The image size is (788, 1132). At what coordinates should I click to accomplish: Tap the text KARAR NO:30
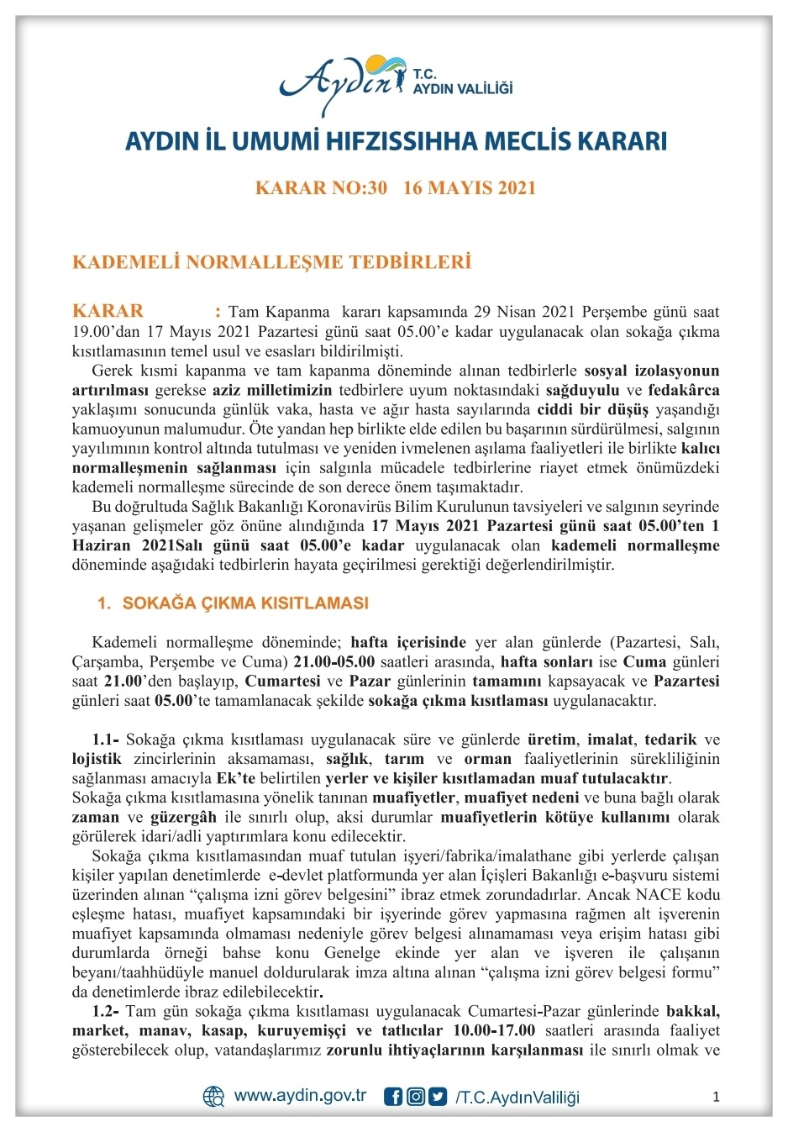point(321,187)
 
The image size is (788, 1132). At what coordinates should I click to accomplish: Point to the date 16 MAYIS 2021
point(469,187)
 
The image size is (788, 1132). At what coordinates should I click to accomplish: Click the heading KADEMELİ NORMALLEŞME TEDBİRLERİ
point(271,262)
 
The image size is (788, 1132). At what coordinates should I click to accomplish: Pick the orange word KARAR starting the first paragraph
point(108,311)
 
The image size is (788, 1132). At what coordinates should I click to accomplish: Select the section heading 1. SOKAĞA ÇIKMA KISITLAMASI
point(233,603)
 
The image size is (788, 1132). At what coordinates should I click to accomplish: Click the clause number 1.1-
point(106,740)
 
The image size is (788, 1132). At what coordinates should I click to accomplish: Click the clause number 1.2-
point(106,1011)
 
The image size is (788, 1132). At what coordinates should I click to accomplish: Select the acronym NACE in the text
point(659,895)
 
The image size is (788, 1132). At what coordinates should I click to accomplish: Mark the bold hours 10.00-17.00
point(493,1030)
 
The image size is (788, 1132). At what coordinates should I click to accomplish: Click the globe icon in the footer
point(213,1097)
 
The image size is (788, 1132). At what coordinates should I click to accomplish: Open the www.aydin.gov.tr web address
point(300,1096)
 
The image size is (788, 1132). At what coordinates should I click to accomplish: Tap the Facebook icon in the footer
point(392,1097)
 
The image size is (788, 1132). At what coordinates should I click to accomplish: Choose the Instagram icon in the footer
point(415,1097)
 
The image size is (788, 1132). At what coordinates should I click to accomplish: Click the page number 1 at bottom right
point(716,1097)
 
